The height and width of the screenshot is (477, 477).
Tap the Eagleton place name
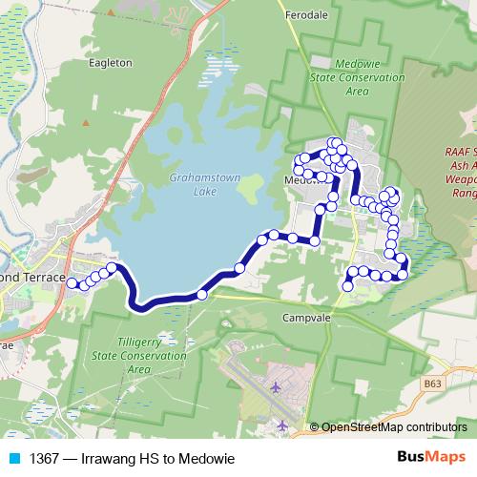click(x=109, y=63)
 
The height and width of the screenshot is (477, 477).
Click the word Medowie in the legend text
click(x=208, y=459)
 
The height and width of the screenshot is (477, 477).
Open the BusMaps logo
click(x=430, y=458)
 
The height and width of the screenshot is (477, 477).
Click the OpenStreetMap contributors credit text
click(x=394, y=427)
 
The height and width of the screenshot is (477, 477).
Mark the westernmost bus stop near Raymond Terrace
click(x=73, y=284)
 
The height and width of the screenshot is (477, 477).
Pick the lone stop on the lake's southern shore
click(x=201, y=295)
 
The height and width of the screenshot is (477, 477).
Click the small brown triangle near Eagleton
click(x=85, y=122)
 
